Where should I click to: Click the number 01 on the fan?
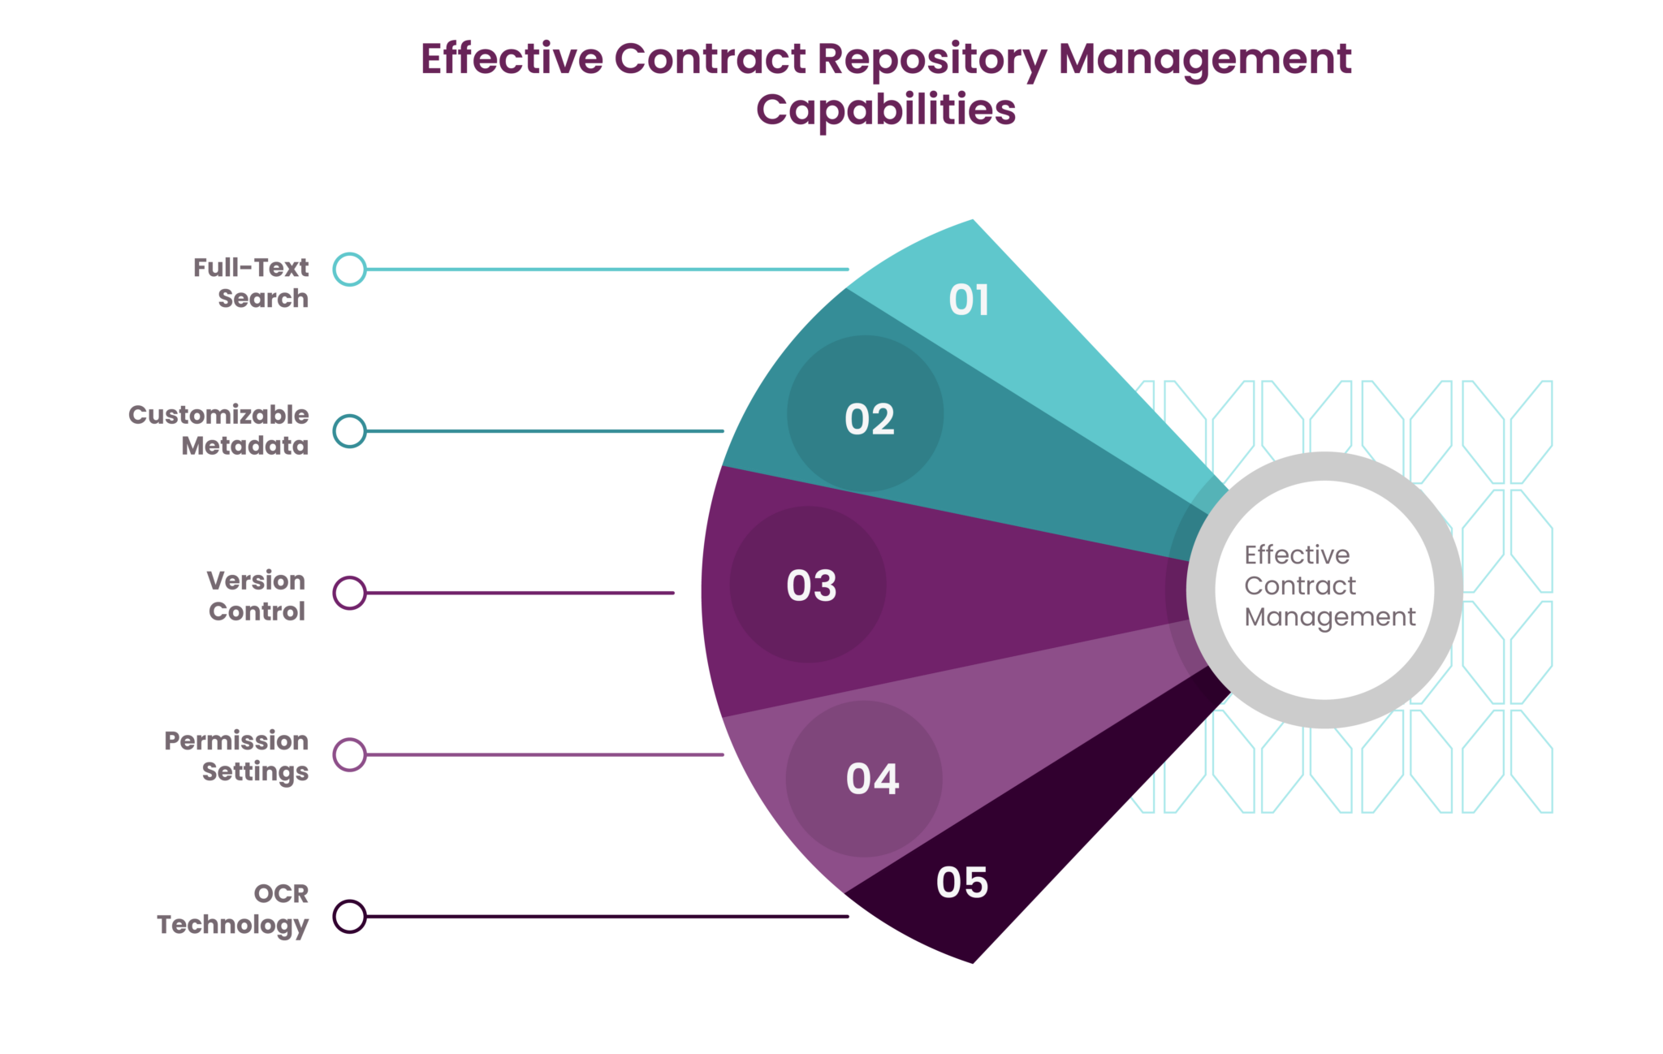pos(969,300)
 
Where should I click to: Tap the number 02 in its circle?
pos(869,419)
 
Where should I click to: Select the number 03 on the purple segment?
pos(811,585)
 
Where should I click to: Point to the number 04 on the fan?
pos(872,779)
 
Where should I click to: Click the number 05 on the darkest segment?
pos(962,882)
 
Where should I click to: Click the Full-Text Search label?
pos(252,283)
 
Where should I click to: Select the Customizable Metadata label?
pos(219,430)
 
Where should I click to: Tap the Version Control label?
pos(257,595)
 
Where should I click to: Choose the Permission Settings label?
pos(237,756)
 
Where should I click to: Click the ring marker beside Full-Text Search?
pos(350,270)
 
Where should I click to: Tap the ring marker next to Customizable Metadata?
pos(350,431)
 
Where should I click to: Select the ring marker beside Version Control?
pos(350,593)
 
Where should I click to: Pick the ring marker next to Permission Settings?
pos(350,755)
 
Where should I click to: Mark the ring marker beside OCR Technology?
pos(350,917)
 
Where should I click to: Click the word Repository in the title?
pos(931,60)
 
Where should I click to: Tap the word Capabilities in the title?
pos(885,110)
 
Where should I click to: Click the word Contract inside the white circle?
pos(1299,585)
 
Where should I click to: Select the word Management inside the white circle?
pos(1329,617)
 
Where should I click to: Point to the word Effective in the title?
pos(512,58)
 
